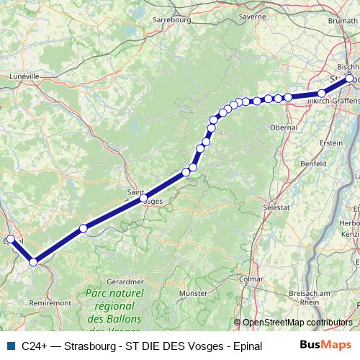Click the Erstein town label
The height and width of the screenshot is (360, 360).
click(x=330, y=143)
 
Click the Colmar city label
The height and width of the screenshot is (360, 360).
click(x=251, y=278)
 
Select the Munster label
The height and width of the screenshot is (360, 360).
click(x=193, y=294)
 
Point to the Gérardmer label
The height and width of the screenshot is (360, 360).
click(x=121, y=281)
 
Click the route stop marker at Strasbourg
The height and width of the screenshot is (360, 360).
click(x=350, y=78)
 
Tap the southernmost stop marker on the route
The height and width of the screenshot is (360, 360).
click(x=33, y=262)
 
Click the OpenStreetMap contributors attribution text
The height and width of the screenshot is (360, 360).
click(x=297, y=323)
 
